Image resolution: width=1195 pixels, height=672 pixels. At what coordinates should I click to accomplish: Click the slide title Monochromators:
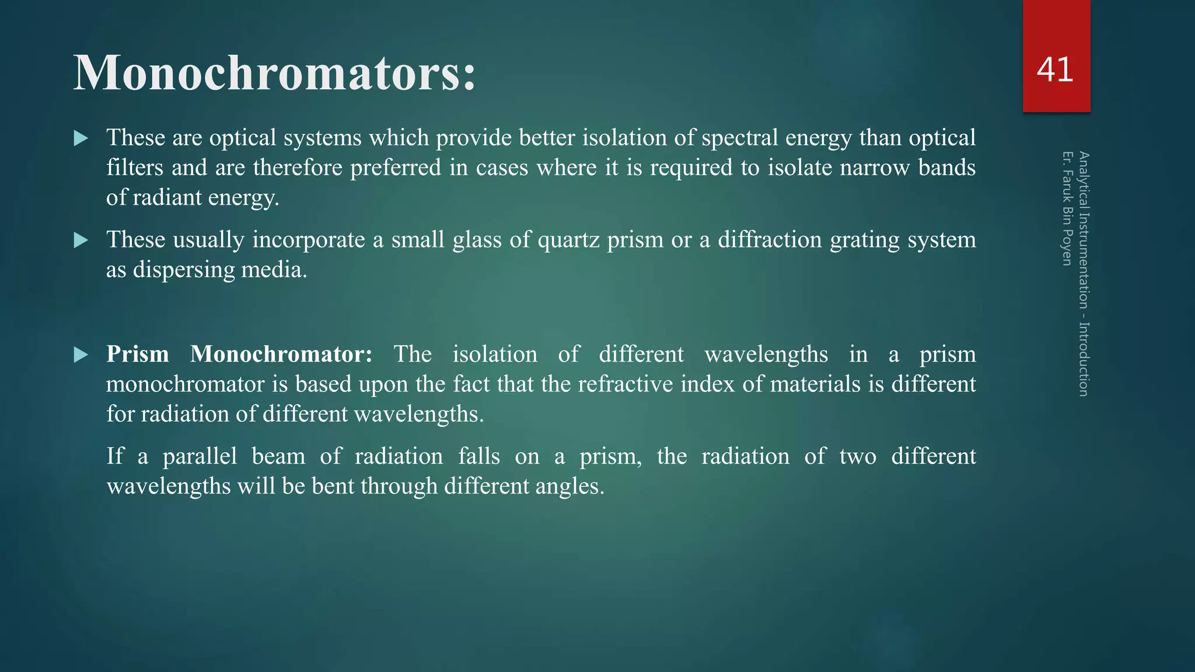(x=274, y=73)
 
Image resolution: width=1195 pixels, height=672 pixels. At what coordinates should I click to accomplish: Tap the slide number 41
(x=1055, y=70)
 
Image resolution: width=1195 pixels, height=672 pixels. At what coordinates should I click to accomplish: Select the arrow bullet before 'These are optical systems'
(x=81, y=139)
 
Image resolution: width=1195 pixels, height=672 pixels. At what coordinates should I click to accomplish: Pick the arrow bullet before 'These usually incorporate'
(x=81, y=240)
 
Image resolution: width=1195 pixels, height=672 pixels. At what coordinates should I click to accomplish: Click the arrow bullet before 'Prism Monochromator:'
(x=81, y=355)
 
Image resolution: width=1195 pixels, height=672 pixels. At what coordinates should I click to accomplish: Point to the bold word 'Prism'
(x=138, y=354)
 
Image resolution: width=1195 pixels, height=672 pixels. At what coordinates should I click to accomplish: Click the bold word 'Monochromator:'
(x=281, y=354)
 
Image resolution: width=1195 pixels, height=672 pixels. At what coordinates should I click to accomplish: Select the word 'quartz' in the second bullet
(x=568, y=240)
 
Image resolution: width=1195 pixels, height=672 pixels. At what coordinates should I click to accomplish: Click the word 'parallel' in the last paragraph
(x=200, y=456)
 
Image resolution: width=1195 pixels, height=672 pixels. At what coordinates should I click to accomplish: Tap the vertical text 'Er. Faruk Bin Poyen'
(x=1067, y=208)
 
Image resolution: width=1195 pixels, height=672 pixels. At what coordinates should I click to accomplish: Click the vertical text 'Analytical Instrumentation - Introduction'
(x=1084, y=274)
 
